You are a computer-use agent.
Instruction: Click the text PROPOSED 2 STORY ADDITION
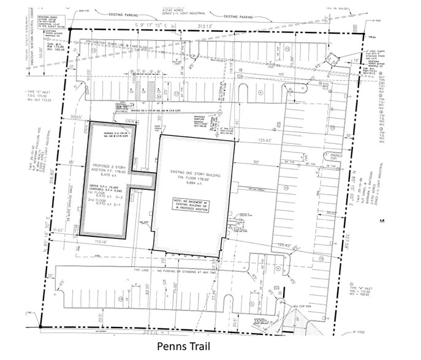pyautogui.click(x=105, y=170)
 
